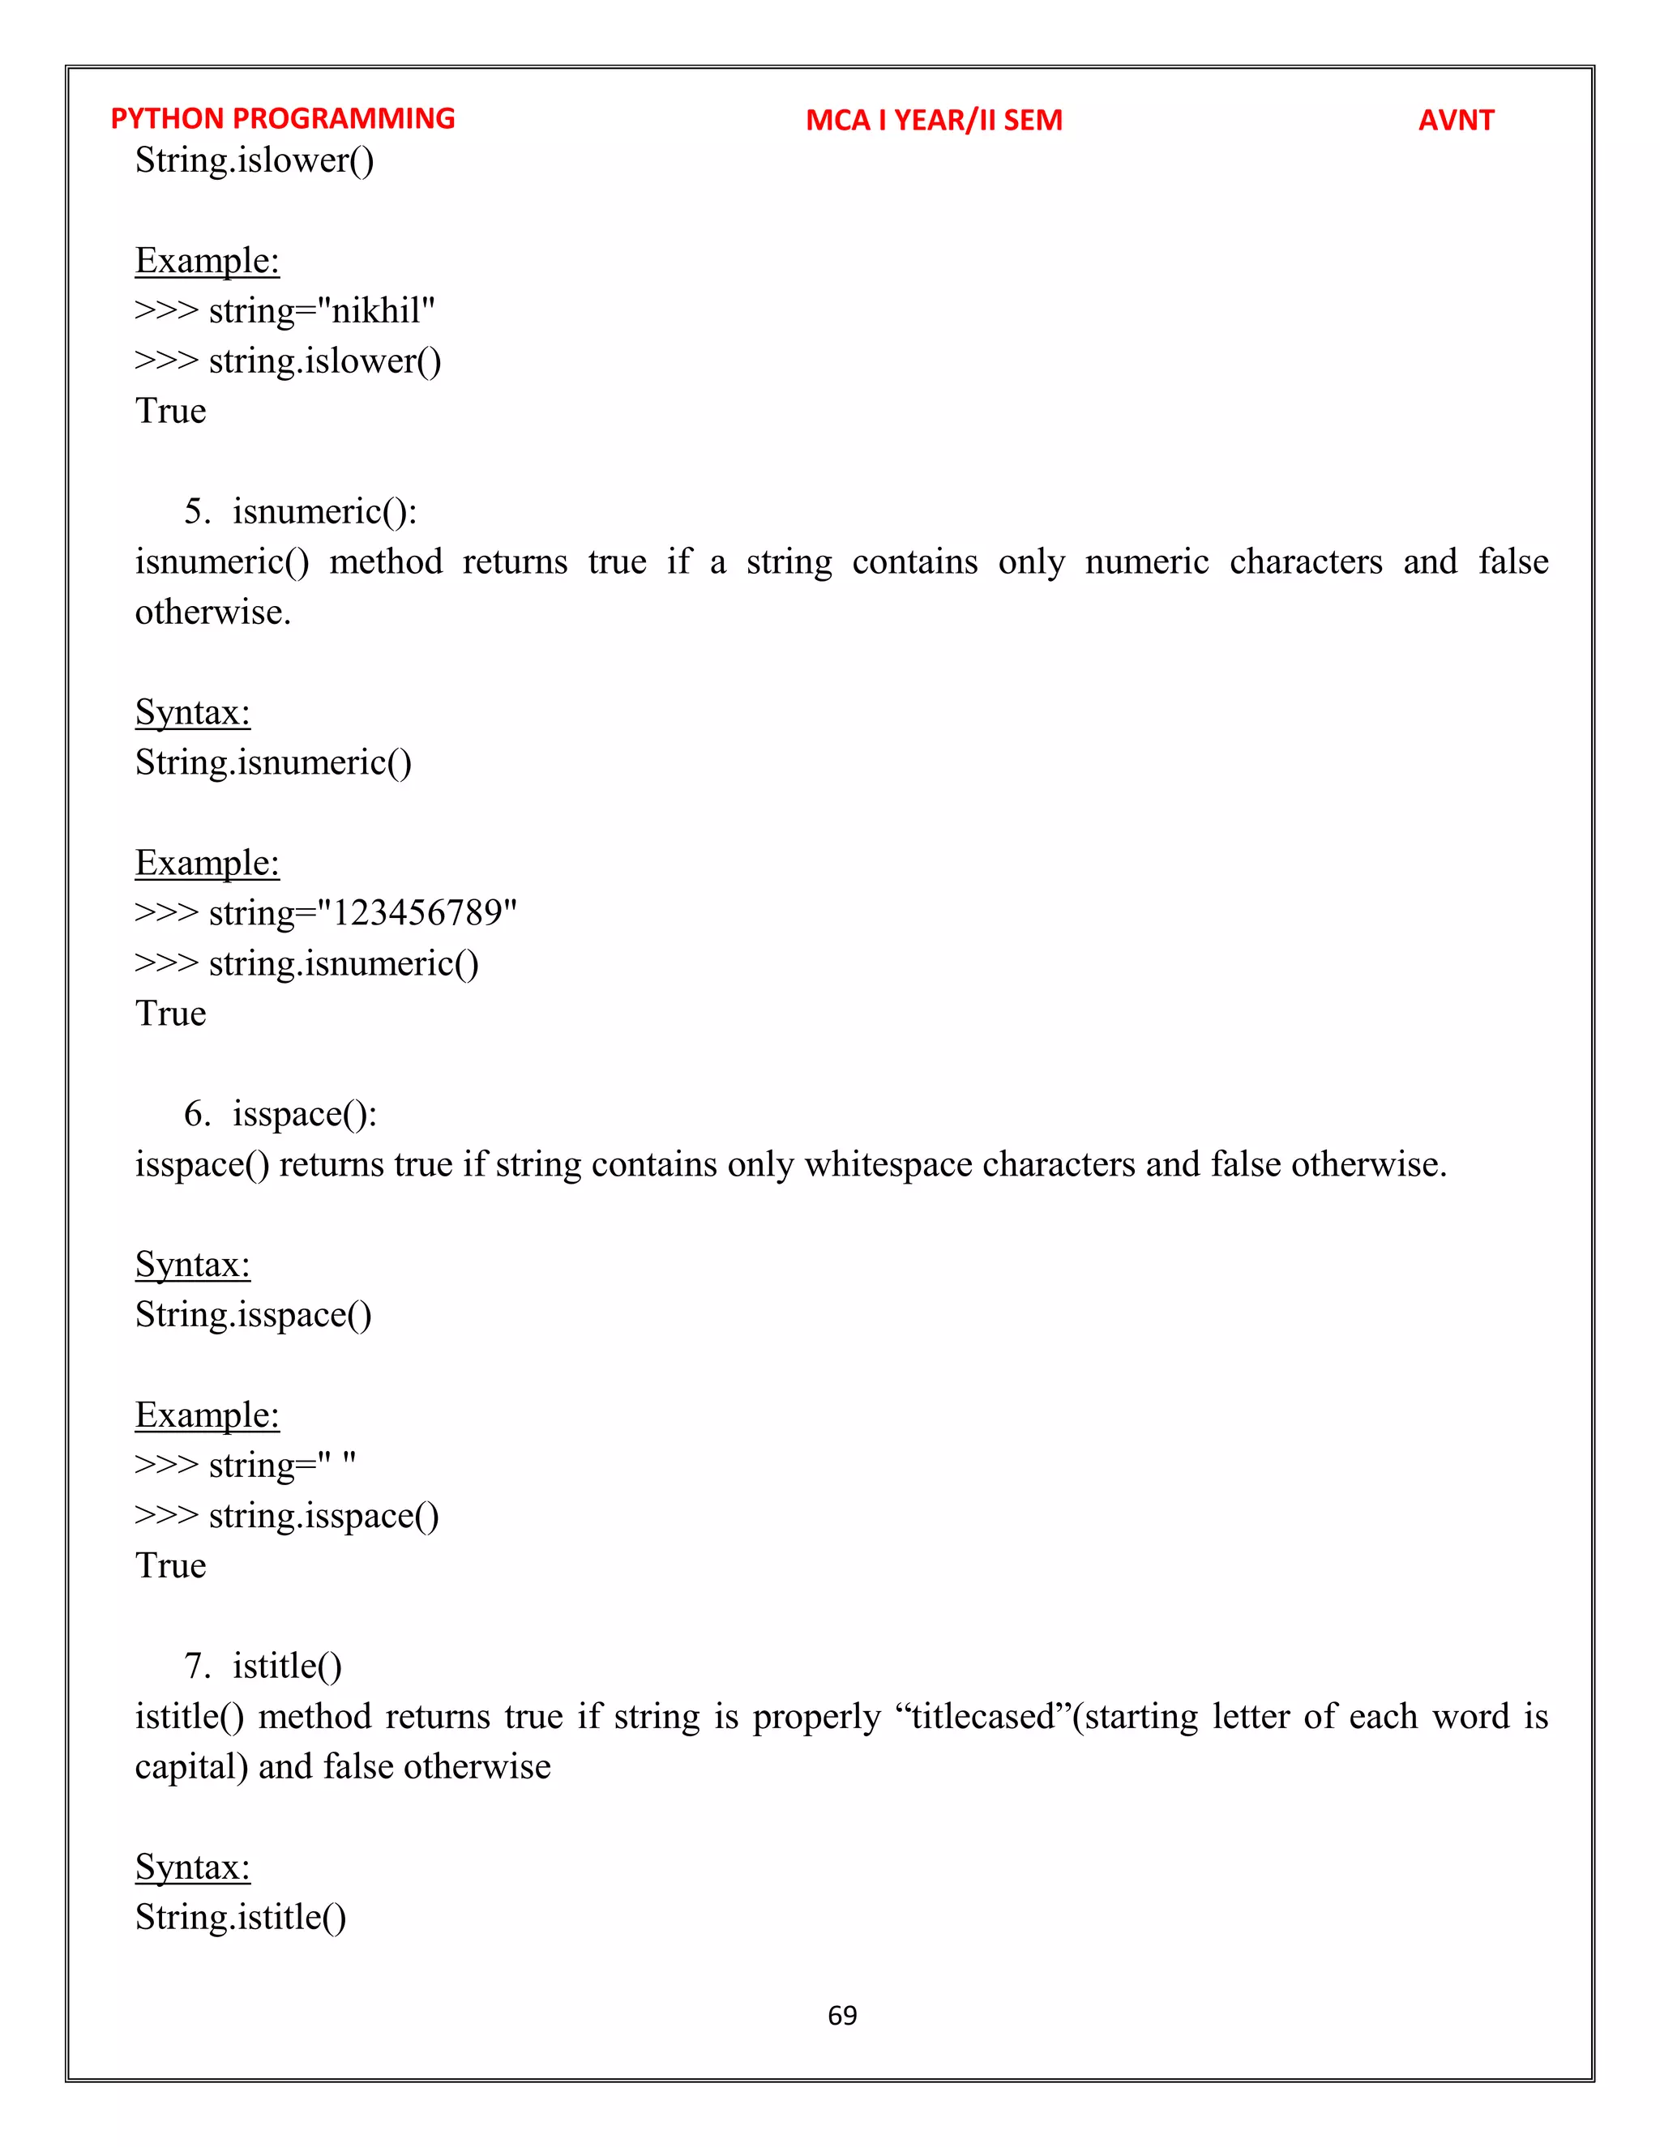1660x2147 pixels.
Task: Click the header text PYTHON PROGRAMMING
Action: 282,119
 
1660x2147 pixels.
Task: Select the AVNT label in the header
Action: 1456,120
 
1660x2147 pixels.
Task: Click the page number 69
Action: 842,2015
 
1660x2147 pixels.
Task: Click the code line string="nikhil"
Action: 322,310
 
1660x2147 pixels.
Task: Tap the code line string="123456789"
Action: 362,913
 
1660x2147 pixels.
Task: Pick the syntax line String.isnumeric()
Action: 273,763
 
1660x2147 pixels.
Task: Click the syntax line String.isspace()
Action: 254,1315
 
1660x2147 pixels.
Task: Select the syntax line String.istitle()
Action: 241,1917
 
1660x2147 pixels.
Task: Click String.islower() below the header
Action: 255,160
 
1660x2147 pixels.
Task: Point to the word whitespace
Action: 889,1164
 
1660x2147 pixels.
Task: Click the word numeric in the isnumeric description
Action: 1147,562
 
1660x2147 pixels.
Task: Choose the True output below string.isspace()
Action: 171,1566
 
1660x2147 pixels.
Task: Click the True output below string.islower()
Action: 171,411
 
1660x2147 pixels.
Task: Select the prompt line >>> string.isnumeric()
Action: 307,963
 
